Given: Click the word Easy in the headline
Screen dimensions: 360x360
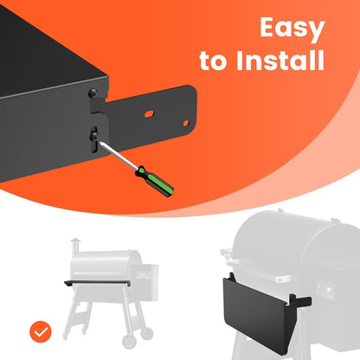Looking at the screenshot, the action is [292, 29].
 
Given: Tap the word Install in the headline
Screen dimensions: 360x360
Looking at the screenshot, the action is [280, 61].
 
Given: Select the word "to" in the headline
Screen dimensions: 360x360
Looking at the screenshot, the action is [213, 61].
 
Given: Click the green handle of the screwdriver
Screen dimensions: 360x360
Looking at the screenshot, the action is [155, 181].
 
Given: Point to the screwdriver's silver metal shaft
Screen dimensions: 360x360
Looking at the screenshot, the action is [118, 155].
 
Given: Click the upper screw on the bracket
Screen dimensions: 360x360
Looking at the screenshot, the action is [93, 93].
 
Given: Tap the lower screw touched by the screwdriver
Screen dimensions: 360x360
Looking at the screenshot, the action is [94, 137].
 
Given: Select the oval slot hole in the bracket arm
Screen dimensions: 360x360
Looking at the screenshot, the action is [149, 114].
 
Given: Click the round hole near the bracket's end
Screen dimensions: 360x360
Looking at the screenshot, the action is [186, 124].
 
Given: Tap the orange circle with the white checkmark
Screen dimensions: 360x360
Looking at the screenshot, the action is [41, 331].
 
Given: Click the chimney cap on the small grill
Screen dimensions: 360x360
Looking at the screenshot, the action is [75, 241].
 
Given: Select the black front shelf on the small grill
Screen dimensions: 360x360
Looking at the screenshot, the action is [97, 283].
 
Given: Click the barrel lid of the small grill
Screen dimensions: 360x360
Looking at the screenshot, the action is [106, 265].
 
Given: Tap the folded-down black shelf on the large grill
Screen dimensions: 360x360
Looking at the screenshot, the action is [255, 312].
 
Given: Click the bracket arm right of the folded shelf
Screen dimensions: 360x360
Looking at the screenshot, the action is [300, 301].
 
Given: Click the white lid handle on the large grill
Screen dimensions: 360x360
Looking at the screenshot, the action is [283, 279].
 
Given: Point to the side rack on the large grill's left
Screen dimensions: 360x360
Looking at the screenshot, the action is [227, 255].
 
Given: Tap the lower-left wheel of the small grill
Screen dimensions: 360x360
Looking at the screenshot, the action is [129, 342].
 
